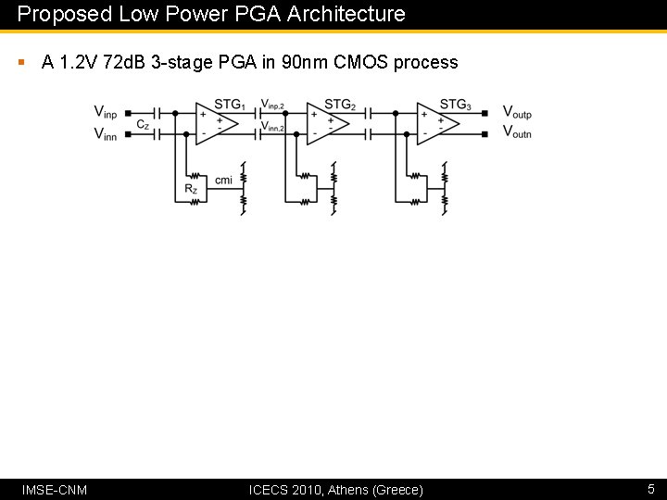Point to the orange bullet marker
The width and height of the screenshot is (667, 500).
coord(20,63)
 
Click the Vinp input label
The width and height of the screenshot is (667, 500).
coord(106,112)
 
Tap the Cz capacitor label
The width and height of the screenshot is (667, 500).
coord(142,124)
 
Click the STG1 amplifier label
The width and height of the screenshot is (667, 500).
coord(229,105)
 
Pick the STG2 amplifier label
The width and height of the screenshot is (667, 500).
coord(340,105)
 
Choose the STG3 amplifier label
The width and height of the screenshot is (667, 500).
coord(455,105)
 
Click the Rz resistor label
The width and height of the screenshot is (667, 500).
coord(191,190)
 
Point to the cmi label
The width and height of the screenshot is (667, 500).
coord(223,180)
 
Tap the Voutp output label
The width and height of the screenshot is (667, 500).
coord(517,113)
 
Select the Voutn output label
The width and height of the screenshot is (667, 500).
coord(517,133)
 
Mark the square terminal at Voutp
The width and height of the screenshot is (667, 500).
coord(486,113)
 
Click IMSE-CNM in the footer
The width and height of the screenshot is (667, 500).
coord(54,489)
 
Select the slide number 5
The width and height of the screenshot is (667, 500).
coord(650,489)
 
